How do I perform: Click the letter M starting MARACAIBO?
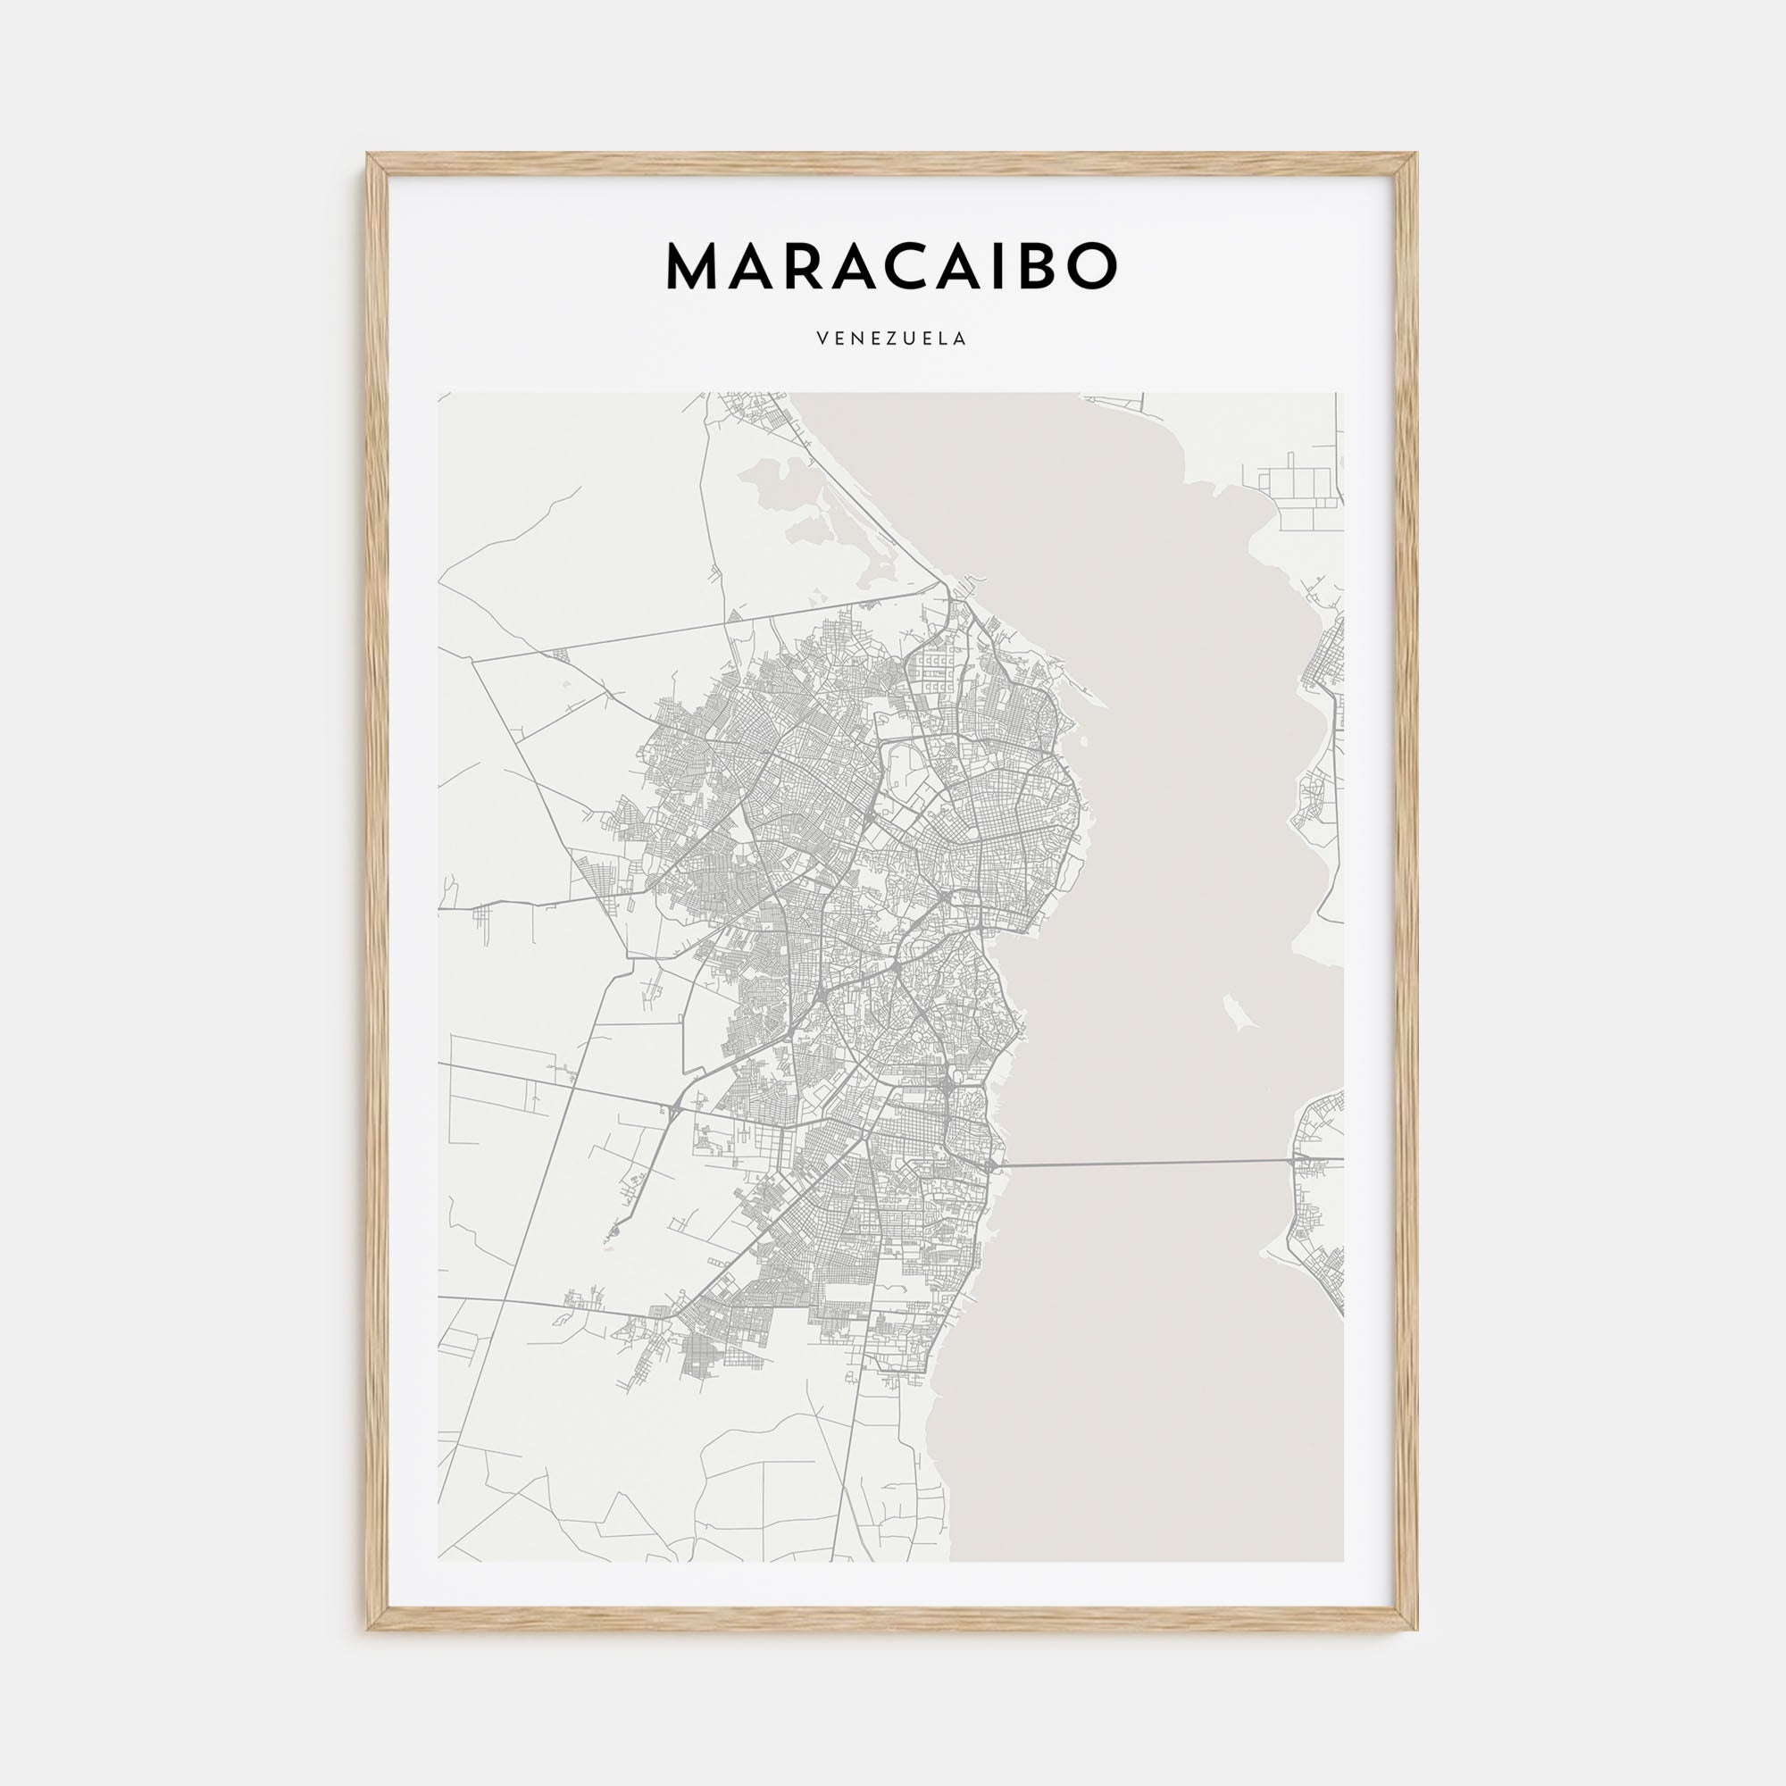(694, 267)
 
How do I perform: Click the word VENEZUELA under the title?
(892, 339)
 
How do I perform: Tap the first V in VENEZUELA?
(822, 339)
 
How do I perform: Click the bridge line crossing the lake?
(1147, 1163)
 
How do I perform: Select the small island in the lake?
(1236, 1012)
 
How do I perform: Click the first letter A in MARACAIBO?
(755, 267)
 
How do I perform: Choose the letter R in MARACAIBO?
(805, 267)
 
